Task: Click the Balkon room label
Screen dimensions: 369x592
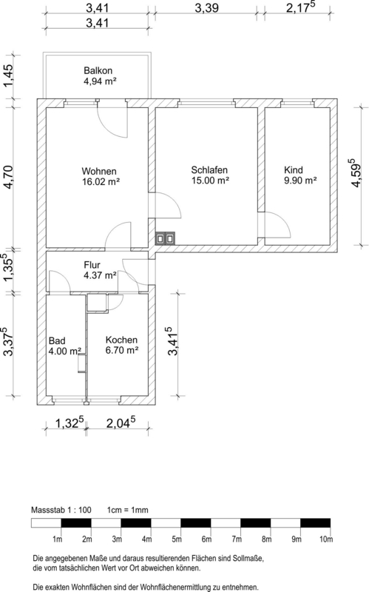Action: (x=98, y=70)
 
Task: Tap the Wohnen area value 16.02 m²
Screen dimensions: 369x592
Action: (x=101, y=181)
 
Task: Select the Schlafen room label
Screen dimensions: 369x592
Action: (x=209, y=170)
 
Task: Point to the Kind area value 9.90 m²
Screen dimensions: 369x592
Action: (x=300, y=181)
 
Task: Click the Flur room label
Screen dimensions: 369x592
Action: (x=92, y=265)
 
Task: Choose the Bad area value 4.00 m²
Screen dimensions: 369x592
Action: (x=65, y=351)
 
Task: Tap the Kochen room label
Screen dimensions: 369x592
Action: (x=121, y=340)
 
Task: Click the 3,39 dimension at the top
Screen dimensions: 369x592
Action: (x=206, y=8)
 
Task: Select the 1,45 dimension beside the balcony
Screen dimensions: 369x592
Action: (x=8, y=75)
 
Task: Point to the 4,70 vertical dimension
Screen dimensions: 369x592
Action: (x=8, y=177)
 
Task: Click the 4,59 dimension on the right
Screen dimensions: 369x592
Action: (x=356, y=173)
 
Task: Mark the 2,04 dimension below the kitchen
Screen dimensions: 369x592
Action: (x=121, y=423)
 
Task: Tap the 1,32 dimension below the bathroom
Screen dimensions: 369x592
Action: (x=70, y=423)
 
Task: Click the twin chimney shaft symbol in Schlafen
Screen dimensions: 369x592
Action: (x=166, y=238)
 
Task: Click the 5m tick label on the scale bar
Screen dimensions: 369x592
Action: (x=177, y=539)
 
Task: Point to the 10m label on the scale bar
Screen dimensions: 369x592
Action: (x=326, y=539)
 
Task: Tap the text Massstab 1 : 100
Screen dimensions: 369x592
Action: (x=61, y=510)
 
